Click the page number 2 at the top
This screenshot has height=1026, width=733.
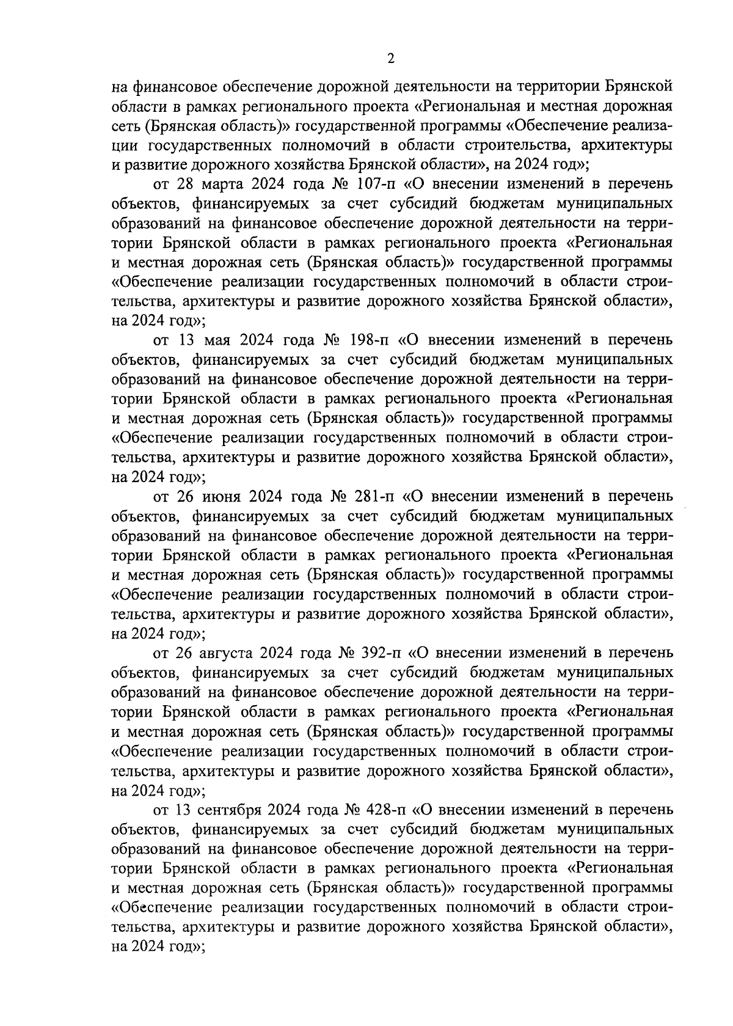coord(391,59)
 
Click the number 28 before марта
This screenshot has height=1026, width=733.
coord(184,184)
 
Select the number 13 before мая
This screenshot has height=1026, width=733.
coord(186,340)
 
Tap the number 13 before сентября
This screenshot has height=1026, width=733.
coord(185,810)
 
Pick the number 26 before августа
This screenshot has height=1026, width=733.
coord(186,653)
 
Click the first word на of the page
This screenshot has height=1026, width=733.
coord(120,87)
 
